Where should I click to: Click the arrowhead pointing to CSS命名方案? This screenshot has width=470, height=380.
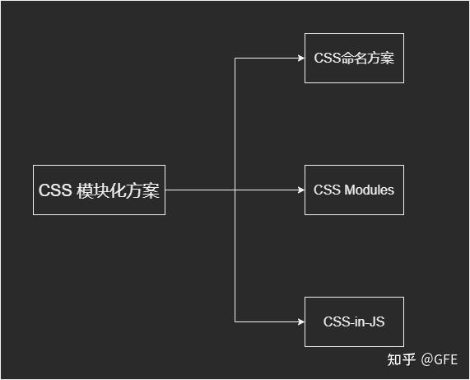pyautogui.click(x=301, y=58)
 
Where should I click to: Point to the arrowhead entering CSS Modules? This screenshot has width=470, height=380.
pyautogui.click(x=301, y=190)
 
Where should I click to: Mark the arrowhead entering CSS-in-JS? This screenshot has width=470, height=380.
pyautogui.click(x=301, y=321)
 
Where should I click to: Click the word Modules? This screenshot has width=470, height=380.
pyautogui.click(x=370, y=190)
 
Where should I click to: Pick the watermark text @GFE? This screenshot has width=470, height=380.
pyautogui.click(x=440, y=359)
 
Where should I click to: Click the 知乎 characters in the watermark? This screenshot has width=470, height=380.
pyautogui.click(x=402, y=359)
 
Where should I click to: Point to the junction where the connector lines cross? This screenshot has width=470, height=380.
pyautogui.click(x=235, y=190)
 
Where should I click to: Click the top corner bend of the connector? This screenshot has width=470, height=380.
pyautogui.click(x=235, y=59)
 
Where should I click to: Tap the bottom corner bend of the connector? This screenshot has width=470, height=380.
pyautogui.click(x=235, y=321)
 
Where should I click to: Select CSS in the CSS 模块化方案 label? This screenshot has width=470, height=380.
pyautogui.click(x=55, y=190)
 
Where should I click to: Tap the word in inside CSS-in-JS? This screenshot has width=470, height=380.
pyautogui.click(x=360, y=321)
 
